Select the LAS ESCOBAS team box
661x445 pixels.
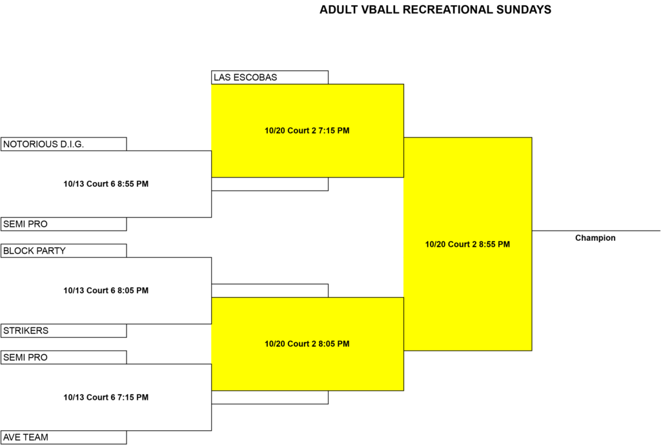(x=270, y=78)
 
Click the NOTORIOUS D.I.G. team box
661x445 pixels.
(x=64, y=144)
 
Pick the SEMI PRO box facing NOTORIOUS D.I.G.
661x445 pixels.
(x=64, y=224)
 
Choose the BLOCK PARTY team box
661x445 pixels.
(x=64, y=251)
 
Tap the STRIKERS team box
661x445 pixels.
(x=64, y=331)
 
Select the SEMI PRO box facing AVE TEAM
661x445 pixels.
(x=64, y=357)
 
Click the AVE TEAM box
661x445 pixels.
(x=64, y=437)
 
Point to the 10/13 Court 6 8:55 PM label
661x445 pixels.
(x=106, y=184)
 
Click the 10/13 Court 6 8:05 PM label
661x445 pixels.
(x=106, y=291)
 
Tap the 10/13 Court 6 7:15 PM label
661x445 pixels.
(x=106, y=397)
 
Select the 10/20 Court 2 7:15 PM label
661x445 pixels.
(x=307, y=130)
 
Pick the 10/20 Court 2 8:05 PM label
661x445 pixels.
(x=307, y=344)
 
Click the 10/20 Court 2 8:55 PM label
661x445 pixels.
(x=467, y=244)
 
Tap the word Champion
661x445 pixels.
(x=595, y=238)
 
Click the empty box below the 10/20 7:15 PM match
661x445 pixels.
(x=270, y=184)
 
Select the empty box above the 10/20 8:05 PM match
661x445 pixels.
(x=270, y=291)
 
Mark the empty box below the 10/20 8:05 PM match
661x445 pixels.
(x=270, y=397)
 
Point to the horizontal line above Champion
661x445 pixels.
(x=596, y=231)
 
